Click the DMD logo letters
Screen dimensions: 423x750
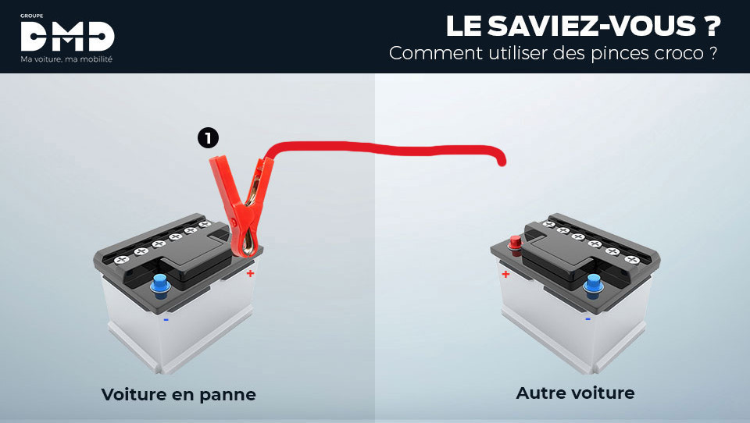(x=67, y=36)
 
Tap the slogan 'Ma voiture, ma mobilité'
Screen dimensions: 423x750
(x=66, y=59)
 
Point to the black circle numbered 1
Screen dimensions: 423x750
(x=207, y=138)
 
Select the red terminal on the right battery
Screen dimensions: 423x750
(x=515, y=243)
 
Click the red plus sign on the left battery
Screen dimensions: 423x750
(x=250, y=273)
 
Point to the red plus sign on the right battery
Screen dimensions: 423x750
(x=505, y=274)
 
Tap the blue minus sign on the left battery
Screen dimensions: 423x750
(x=166, y=318)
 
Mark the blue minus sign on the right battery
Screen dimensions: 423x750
(x=587, y=318)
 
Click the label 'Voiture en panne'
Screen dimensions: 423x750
(x=178, y=394)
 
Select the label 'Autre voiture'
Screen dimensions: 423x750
(x=575, y=393)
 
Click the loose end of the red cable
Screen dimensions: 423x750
(x=502, y=162)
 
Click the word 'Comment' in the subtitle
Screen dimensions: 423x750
(x=427, y=54)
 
